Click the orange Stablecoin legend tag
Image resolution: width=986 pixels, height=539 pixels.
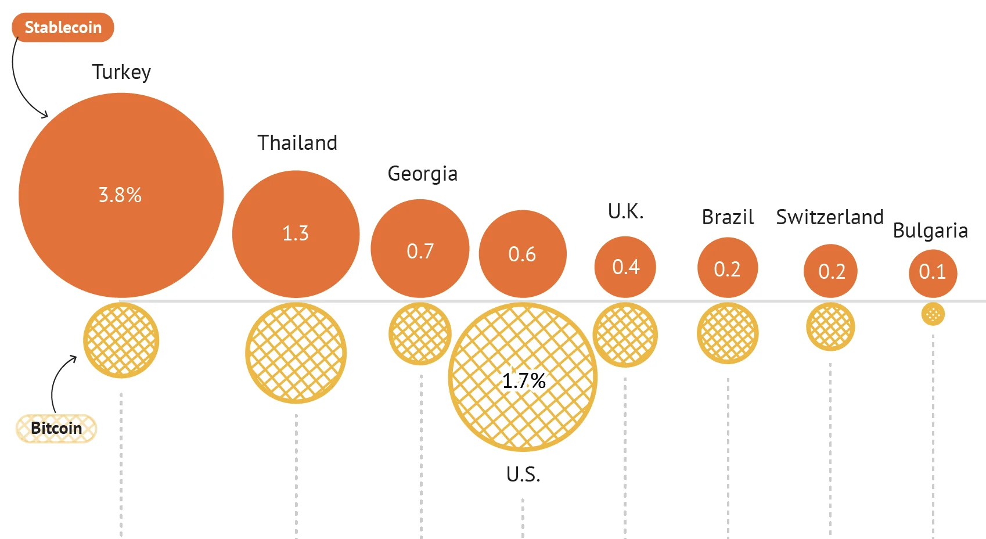coord(63,27)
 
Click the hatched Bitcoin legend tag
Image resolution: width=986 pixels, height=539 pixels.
coord(56,429)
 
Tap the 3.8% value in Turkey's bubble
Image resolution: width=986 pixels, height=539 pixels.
coord(120,195)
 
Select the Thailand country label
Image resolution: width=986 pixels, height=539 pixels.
coord(297,143)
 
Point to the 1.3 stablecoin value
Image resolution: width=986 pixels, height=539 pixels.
coord(296,233)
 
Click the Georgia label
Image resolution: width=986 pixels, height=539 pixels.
coord(422,174)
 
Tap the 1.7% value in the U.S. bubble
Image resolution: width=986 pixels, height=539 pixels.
coord(524,381)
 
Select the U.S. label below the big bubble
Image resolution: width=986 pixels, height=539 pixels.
coord(523,475)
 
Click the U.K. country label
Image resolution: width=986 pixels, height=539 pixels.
coord(625,211)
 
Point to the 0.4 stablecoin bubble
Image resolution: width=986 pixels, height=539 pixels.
coord(625,267)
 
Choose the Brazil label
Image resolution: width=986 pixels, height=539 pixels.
coord(728,217)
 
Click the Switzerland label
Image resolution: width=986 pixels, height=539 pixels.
coord(830,217)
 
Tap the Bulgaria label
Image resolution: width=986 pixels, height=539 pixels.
coord(930,231)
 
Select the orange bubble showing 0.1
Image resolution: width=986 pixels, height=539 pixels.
coord(933,272)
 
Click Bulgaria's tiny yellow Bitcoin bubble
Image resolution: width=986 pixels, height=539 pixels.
coord(933,314)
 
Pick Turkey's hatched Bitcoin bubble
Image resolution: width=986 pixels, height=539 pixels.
coord(121,340)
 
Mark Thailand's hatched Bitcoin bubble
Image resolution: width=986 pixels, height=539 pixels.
coord(296,353)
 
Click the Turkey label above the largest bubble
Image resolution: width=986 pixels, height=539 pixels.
coord(121,72)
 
